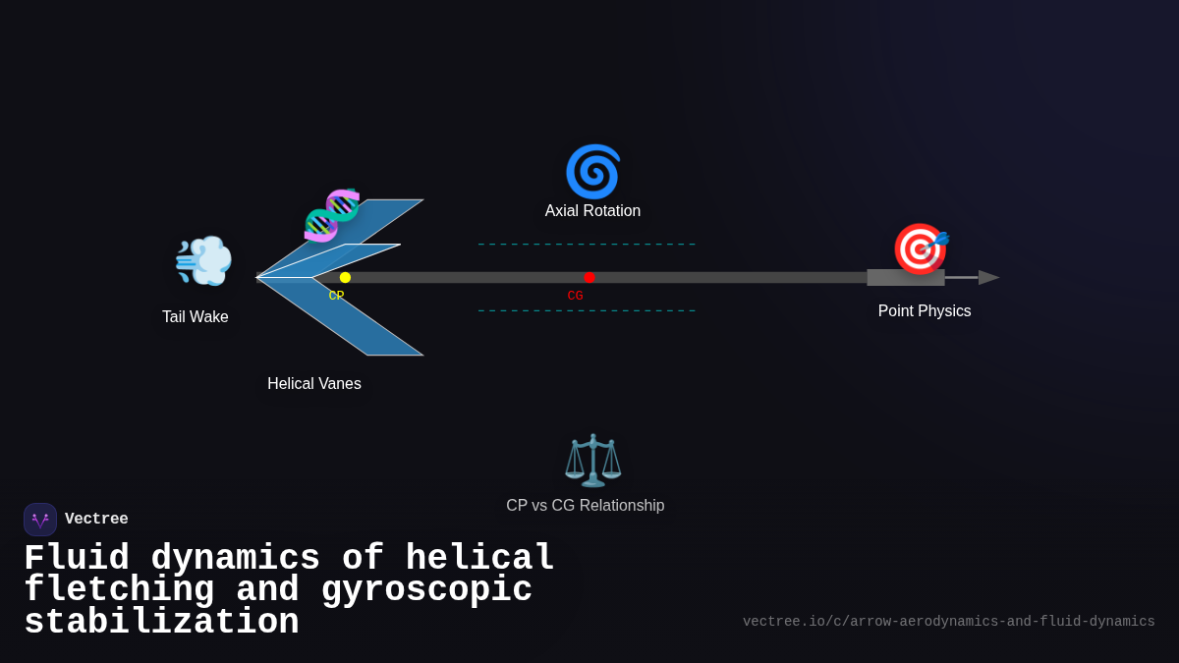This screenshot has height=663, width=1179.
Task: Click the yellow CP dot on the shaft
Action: [345, 278]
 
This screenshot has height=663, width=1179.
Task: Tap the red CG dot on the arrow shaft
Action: [589, 278]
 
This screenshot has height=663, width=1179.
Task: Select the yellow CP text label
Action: [336, 296]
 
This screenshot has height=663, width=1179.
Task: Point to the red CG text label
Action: [575, 296]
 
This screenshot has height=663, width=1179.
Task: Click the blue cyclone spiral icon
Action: [592, 172]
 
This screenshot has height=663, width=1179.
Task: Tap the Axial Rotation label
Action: [592, 211]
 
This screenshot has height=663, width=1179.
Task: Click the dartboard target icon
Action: [920, 249]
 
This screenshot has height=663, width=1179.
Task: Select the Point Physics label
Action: [924, 311]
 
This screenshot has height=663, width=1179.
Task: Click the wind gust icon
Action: [203, 261]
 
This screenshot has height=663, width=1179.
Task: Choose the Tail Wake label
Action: [196, 317]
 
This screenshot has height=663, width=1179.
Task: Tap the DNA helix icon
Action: [332, 215]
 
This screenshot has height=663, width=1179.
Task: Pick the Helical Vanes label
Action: [314, 384]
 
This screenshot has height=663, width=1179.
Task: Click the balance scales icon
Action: [592, 460]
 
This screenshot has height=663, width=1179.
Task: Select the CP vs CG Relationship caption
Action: [585, 506]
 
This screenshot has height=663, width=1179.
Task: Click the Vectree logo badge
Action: [40, 520]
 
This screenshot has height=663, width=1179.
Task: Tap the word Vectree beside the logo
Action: [96, 520]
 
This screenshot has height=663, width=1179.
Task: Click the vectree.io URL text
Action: [948, 622]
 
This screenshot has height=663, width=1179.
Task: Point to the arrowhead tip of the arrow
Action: [994, 278]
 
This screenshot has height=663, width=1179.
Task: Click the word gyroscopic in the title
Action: [426, 590]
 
